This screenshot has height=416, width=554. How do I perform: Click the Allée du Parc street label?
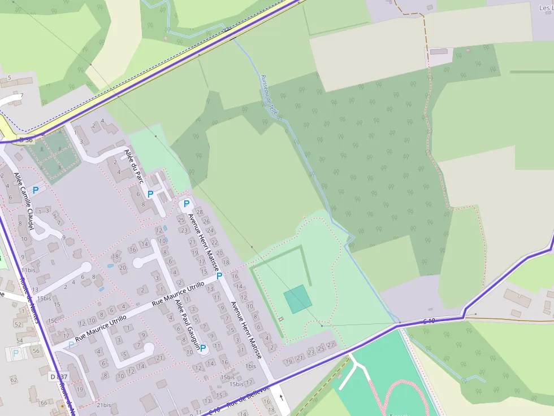[133, 165]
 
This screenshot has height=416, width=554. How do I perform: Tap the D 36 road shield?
[26, 139]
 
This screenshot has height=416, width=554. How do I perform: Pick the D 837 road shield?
[58, 376]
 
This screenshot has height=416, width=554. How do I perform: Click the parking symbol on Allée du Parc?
[150, 194]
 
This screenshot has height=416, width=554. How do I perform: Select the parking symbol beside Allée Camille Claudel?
[36, 190]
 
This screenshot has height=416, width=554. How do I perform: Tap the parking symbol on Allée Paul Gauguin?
[202, 348]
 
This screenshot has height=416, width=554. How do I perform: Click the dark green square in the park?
[298, 299]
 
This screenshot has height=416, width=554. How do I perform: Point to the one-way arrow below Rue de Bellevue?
[282, 397]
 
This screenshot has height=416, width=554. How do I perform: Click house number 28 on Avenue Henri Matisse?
[200, 212]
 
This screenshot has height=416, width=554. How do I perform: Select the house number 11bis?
[28, 270]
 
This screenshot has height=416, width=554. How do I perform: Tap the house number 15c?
[52, 321]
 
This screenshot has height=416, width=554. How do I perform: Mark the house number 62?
[14, 380]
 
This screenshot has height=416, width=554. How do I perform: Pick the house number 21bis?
[103, 405]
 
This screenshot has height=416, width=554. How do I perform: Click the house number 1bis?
[250, 366]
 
